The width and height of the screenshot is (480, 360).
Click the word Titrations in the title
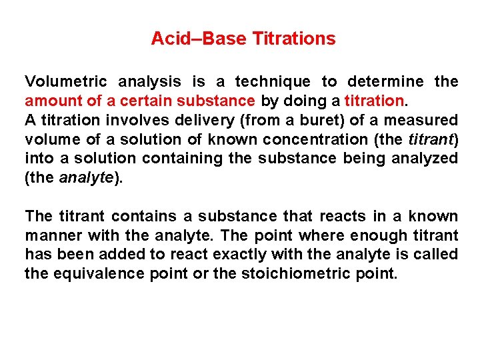(294, 39)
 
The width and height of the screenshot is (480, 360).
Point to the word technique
(273, 82)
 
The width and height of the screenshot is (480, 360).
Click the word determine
(385, 82)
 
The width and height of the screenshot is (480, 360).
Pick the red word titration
(374, 101)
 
